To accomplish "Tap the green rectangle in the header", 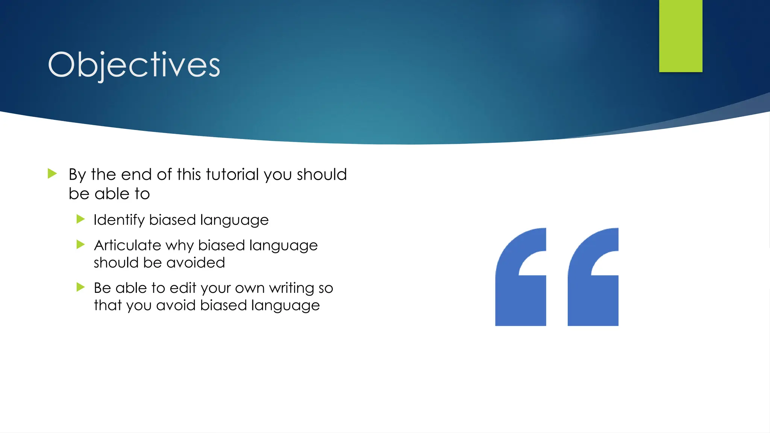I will click(681, 36).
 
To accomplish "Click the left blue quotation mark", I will click(521, 277).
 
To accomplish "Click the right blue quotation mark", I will click(593, 277).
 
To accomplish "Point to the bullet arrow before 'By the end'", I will click(52, 174).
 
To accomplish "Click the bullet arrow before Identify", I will click(80, 219).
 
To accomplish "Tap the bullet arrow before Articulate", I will click(80, 245).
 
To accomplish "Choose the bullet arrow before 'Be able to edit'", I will click(80, 287).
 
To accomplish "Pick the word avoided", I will click(196, 263).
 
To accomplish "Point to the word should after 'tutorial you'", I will click(321, 175).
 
